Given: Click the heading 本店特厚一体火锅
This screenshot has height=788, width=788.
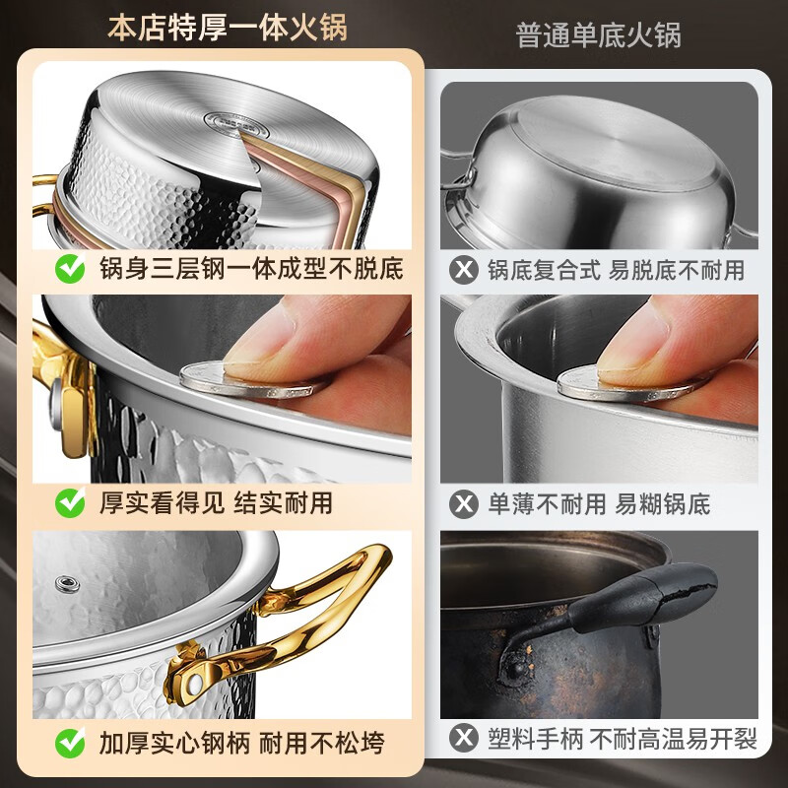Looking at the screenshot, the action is tap(228, 28).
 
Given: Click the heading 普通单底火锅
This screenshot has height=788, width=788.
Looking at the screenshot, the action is tap(598, 34).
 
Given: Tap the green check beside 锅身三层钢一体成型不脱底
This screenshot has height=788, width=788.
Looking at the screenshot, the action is tap(70, 268).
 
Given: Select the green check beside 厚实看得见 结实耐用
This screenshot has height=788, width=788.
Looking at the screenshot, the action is tap(70, 502).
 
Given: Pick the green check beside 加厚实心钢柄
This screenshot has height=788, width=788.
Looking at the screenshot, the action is tap(70, 743).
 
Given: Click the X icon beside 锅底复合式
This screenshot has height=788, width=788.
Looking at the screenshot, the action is tap(463, 270).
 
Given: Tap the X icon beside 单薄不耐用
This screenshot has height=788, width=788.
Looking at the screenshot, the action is tap(463, 504).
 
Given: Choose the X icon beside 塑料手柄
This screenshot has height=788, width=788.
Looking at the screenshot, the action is tap(463, 738).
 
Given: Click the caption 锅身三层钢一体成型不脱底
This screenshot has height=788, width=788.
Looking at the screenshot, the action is tap(251, 268).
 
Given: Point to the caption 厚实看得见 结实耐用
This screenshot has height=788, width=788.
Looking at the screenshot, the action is tap(216, 502).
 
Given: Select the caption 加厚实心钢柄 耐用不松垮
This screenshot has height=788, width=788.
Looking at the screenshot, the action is tap(241, 743).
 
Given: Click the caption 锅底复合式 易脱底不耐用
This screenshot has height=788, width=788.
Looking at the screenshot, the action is tap(617, 270).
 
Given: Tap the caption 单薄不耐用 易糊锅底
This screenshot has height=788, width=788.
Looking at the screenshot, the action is tap(599, 504).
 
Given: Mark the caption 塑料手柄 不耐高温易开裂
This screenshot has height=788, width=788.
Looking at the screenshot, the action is tap(623, 738).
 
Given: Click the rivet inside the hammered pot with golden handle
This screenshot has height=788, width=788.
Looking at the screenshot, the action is tap(67, 584).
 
